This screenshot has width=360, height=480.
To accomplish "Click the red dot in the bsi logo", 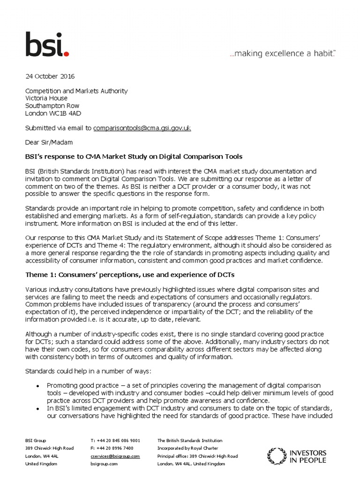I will [67, 54].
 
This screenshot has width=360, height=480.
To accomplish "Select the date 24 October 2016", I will [50, 76].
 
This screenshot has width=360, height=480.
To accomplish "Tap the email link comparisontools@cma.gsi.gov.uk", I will [142, 128].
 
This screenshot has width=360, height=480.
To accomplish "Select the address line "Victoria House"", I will [46, 98].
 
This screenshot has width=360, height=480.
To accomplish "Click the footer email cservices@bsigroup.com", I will [115, 456].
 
